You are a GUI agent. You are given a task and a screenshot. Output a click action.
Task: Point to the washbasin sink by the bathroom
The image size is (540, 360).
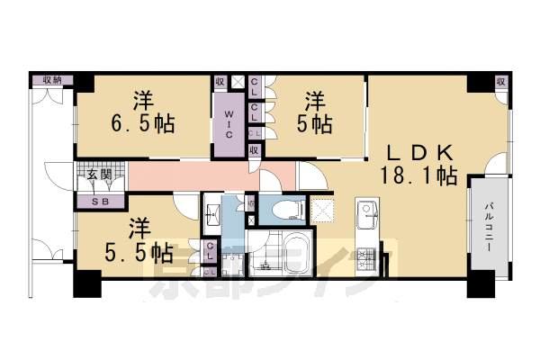[214, 214]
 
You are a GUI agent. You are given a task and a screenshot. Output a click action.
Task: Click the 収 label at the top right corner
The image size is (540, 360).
[500, 82]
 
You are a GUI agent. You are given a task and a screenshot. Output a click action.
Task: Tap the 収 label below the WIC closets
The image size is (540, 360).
[255, 150]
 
